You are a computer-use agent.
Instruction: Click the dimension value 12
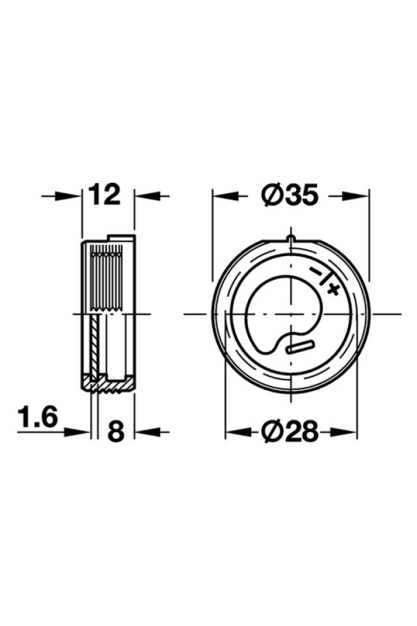point(104,195)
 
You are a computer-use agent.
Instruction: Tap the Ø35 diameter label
point(290,195)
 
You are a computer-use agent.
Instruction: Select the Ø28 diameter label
point(290,431)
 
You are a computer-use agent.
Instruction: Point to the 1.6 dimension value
point(38,417)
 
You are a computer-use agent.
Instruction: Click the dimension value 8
point(116,431)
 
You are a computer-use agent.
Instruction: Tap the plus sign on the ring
point(332,289)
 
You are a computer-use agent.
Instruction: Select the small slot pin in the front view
point(301,346)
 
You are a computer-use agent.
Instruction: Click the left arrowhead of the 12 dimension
point(69,195)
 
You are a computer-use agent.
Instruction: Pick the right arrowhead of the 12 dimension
point(147,195)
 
